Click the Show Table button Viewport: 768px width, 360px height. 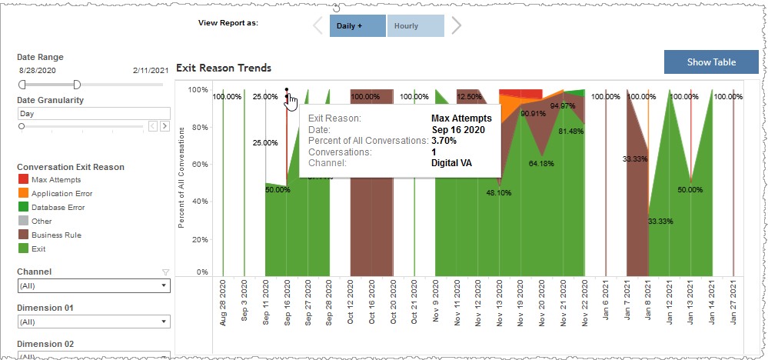click(711, 62)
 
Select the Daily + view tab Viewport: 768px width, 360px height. click(357, 25)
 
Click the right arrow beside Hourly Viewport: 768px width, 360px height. click(457, 25)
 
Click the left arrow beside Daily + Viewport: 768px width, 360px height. click(318, 25)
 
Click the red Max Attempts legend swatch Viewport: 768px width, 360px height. click(24, 179)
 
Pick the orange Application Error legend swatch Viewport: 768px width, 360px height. click(24, 193)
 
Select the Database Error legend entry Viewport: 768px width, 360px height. click(58, 207)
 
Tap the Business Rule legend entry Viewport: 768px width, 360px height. click(56, 235)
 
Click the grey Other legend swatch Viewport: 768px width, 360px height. click(24, 221)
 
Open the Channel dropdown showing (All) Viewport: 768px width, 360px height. click(93, 285)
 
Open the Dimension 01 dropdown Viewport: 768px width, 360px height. click(93, 322)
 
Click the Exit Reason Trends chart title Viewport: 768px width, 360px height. click(224, 68)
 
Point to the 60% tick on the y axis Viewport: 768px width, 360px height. click(198, 164)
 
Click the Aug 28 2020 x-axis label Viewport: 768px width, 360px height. click(223, 305)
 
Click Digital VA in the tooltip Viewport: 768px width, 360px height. click(451, 163)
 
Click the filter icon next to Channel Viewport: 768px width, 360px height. click(165, 272)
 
